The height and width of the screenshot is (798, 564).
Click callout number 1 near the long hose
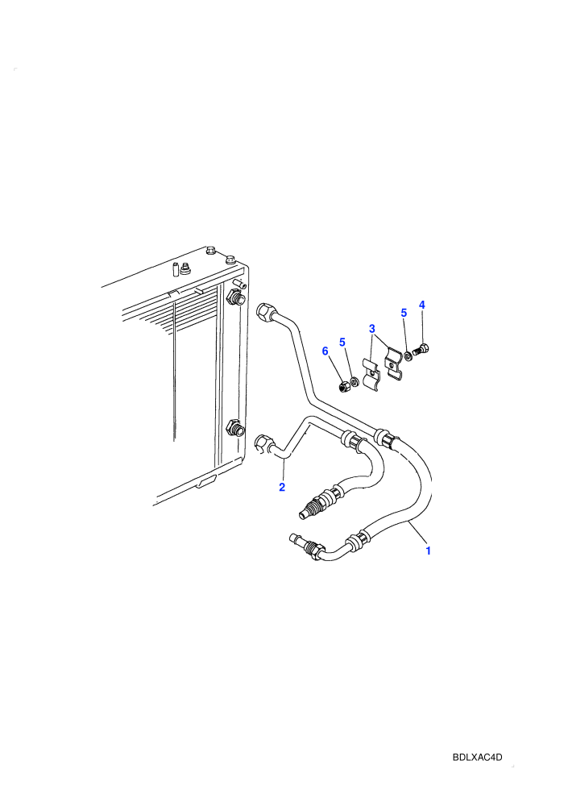tap(428, 551)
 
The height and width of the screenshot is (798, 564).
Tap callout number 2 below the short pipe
tap(282, 487)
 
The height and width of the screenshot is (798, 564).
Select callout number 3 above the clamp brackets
tap(372, 329)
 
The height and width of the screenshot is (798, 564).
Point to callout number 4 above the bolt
tap(421, 305)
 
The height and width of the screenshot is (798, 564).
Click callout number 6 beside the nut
tap(325, 351)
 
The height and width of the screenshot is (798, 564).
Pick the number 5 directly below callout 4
tap(404, 313)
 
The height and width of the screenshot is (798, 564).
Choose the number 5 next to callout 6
tap(342, 342)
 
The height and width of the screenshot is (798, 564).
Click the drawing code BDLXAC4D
tap(477, 757)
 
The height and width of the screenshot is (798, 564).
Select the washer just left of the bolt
tap(408, 353)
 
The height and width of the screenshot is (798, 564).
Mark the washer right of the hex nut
tap(355, 381)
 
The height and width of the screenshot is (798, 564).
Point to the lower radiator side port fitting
tap(235, 428)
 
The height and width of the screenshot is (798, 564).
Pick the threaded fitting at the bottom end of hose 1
tap(305, 546)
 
